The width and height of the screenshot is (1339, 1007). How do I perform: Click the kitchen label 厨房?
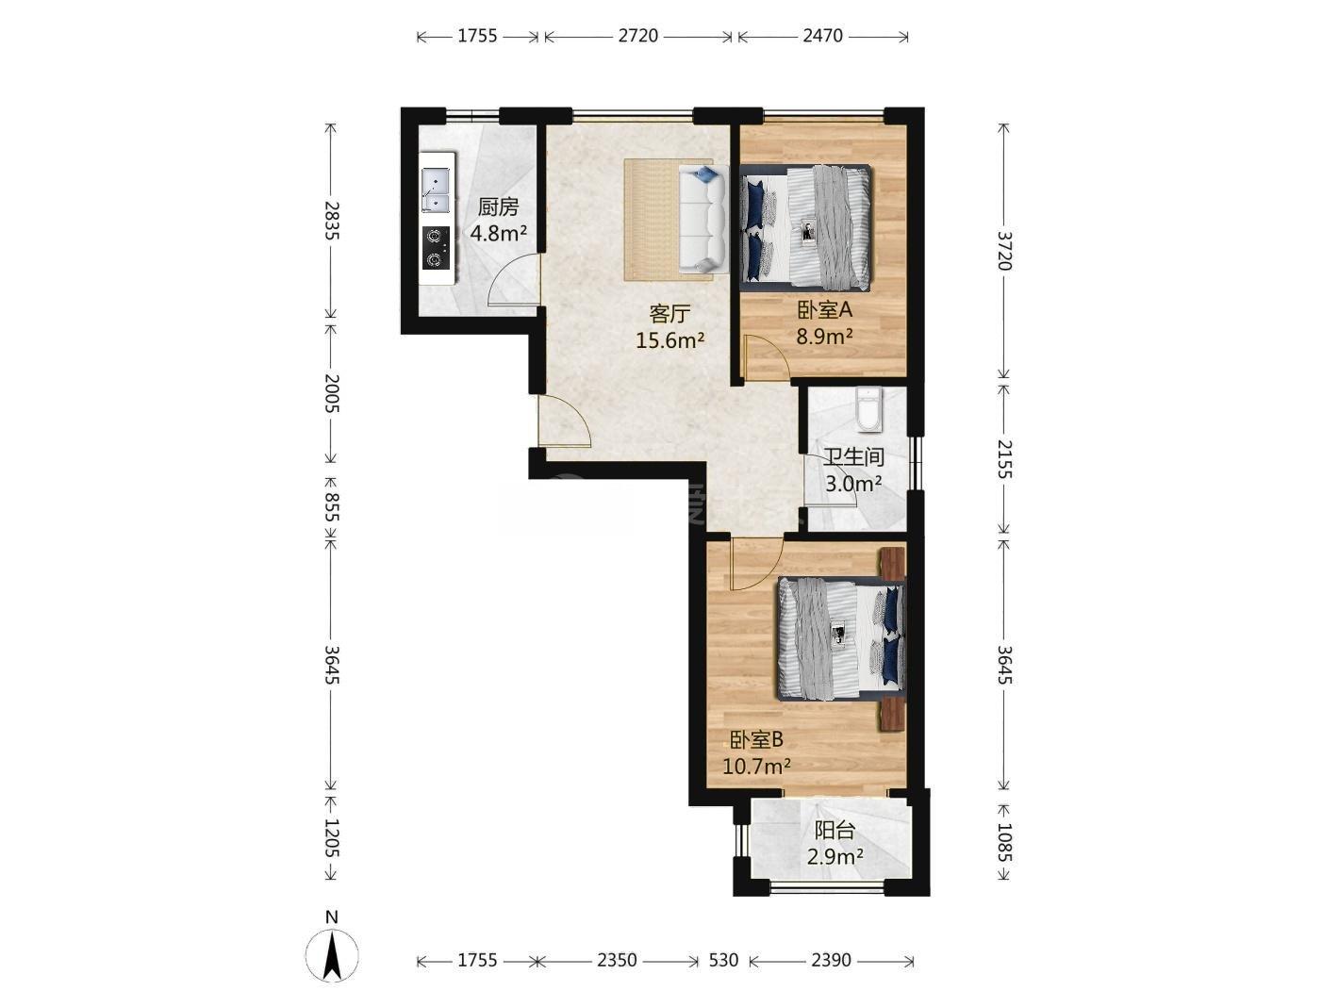(x=498, y=207)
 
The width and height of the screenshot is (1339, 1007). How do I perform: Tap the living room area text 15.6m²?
(x=669, y=339)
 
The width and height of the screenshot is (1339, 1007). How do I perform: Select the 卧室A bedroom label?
(x=824, y=310)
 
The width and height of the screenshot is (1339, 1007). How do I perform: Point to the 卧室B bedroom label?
(x=756, y=740)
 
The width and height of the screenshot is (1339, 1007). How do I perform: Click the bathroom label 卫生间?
(x=853, y=457)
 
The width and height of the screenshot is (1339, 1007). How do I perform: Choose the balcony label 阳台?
(x=835, y=830)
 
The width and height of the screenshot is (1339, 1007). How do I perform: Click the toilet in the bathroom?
(x=868, y=409)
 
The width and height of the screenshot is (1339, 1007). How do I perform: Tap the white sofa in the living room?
(x=703, y=219)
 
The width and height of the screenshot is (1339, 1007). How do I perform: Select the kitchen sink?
(x=436, y=190)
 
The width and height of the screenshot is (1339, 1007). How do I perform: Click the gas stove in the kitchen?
(x=436, y=248)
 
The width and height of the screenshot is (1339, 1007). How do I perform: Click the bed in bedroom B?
(x=840, y=638)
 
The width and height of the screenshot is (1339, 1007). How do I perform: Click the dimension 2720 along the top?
(x=638, y=36)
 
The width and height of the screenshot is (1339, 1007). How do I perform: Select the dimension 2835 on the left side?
(x=332, y=221)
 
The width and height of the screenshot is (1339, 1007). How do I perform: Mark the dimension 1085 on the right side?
(x=1004, y=842)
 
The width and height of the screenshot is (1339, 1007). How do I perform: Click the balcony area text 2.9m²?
(x=835, y=857)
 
